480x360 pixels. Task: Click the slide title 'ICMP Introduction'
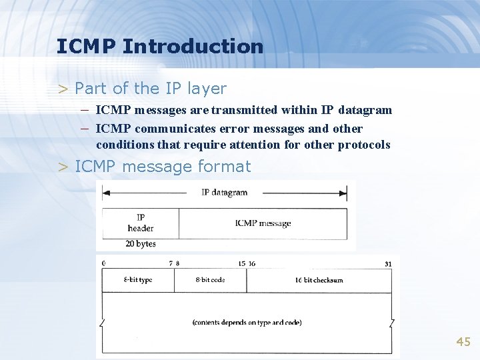click(x=160, y=47)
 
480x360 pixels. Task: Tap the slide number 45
click(x=463, y=342)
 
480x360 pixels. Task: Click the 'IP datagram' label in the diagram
click(x=224, y=193)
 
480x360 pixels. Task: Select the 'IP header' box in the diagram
click(x=141, y=223)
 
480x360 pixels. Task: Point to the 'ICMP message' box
click(x=263, y=223)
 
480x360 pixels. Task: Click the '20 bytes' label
click(x=140, y=244)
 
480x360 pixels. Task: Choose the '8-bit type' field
click(x=138, y=280)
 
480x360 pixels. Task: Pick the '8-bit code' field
click(x=210, y=280)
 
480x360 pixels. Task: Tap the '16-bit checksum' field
click(x=319, y=280)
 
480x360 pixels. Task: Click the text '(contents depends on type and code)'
click(x=247, y=323)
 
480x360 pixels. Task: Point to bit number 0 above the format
click(x=104, y=264)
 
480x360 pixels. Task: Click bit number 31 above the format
click(x=388, y=264)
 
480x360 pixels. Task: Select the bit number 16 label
click(x=251, y=264)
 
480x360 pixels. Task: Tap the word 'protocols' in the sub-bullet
click(x=364, y=145)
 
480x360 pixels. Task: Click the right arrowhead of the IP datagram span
click(x=343, y=193)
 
